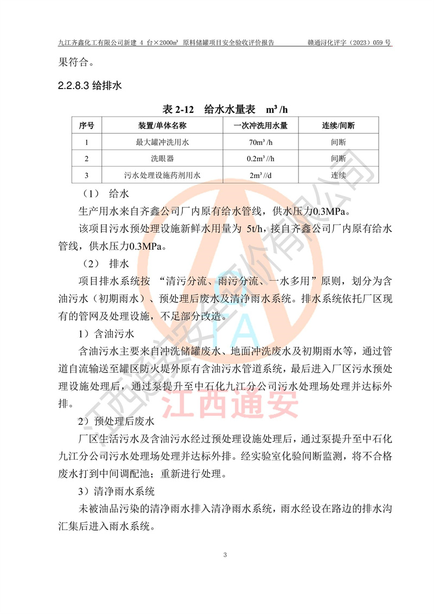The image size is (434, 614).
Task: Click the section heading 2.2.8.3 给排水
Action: pos(90,85)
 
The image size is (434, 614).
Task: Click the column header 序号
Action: pos(87,126)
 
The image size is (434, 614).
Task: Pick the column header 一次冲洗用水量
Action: pos(260,126)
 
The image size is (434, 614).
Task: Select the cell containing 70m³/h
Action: pos(260,143)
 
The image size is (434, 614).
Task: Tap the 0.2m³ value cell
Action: pos(260,159)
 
